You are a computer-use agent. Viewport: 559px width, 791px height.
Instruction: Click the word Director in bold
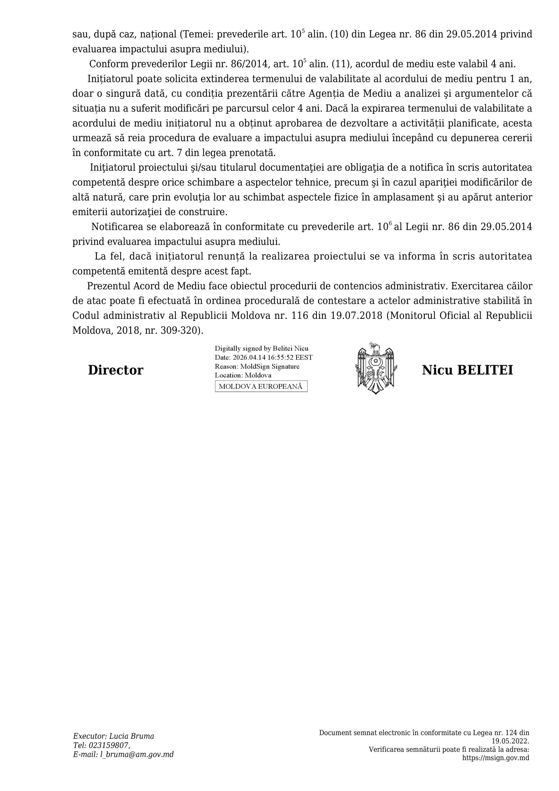point(116,370)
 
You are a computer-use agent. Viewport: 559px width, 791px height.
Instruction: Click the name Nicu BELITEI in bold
point(467,370)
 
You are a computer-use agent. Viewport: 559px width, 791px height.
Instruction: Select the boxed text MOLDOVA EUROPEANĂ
point(261,387)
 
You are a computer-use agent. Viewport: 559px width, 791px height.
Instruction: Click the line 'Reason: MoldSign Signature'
point(257,366)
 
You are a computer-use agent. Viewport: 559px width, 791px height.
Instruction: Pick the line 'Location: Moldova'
point(243,375)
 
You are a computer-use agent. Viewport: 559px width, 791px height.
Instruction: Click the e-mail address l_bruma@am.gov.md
point(137,755)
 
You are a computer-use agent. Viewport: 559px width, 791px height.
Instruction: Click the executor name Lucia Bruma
point(132,736)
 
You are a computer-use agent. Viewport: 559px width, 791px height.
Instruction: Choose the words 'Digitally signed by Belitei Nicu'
point(261,348)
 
